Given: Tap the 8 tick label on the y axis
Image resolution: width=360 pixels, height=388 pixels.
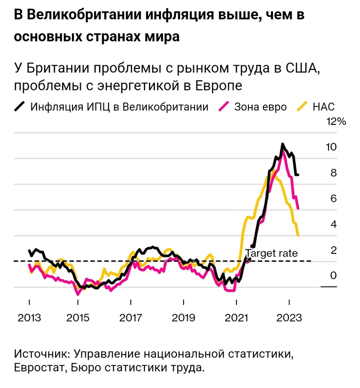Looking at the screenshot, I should [333, 173].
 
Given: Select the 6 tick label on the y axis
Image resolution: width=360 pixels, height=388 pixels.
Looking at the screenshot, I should [333, 198].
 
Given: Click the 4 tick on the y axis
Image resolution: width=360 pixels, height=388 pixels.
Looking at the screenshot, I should [333, 225].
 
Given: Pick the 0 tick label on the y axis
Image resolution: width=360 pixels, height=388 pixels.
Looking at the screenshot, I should [333, 276].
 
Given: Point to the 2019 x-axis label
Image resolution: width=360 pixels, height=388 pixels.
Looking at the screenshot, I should [183, 317].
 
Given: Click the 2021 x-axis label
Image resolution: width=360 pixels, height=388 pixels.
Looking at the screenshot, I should [236, 317].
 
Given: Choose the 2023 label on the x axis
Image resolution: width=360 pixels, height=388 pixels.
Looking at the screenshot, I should [289, 317].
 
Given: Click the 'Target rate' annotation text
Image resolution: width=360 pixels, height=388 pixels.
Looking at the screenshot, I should [271, 253].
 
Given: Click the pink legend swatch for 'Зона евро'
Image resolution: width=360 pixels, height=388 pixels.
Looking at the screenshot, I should [224, 107].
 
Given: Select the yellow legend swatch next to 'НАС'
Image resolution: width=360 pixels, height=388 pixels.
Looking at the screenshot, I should [303, 107].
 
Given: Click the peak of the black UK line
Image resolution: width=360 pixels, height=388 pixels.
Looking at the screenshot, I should [282, 144].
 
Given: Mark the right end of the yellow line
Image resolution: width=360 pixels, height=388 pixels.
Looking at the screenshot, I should [298, 235].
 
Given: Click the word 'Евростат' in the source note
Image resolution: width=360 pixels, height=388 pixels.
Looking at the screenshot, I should [38, 367].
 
